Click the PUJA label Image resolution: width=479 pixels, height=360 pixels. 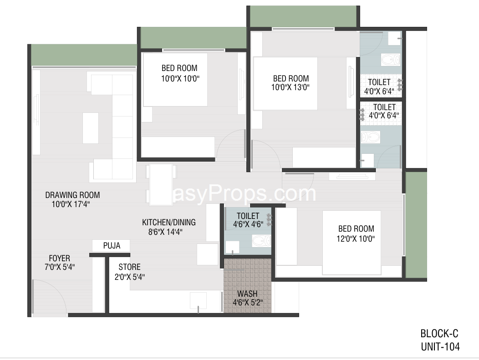112,245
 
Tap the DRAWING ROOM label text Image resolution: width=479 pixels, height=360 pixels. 72,195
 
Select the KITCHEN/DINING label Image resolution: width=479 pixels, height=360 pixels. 168,222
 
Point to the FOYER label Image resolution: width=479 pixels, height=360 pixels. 59,259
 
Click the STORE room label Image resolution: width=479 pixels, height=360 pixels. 129,267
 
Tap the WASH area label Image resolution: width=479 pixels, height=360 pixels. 247,294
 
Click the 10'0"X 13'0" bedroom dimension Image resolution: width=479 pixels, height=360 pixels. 290,87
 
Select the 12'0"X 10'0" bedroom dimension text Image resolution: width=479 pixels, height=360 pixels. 356,238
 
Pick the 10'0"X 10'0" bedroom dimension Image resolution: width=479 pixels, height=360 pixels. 180,78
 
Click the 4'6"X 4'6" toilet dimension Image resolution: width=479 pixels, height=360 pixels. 248,224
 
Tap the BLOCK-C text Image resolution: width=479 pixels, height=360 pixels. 439,334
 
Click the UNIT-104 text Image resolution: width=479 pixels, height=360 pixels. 440,347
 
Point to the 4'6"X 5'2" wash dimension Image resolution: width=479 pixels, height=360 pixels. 248,303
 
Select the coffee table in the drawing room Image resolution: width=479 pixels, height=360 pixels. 91,128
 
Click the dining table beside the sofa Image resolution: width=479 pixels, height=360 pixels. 161,185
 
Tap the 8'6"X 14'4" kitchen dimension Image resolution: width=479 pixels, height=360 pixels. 165,232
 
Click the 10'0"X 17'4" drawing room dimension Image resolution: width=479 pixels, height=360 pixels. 71,204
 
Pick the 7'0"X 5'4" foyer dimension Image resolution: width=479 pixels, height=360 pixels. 60,267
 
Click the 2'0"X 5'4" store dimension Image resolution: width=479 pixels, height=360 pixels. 129,277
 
